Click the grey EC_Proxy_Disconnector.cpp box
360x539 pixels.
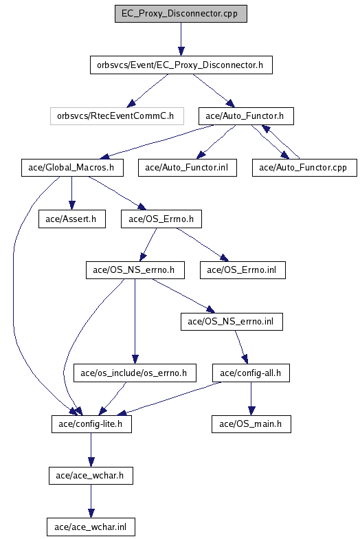click(x=181, y=14)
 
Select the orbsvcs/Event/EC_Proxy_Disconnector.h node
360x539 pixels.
click(x=181, y=65)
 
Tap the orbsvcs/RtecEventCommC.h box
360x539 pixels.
click(x=117, y=116)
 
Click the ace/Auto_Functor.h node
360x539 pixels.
click(x=246, y=116)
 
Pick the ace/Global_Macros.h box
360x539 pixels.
click(x=72, y=168)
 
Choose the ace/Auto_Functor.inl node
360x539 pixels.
click(x=187, y=168)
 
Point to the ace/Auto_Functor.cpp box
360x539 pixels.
click(x=304, y=168)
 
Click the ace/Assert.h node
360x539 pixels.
click(x=71, y=219)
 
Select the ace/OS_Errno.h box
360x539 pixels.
click(x=161, y=219)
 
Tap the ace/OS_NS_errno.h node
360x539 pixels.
click(x=135, y=270)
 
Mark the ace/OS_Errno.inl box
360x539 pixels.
click(x=243, y=270)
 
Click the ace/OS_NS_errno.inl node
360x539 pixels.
click(x=232, y=322)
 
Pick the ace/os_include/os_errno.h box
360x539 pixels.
click(x=135, y=373)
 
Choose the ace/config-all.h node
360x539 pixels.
click(x=251, y=373)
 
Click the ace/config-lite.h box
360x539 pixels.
click(x=91, y=424)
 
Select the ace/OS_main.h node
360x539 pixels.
click(x=251, y=424)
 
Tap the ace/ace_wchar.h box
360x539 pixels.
click(x=91, y=476)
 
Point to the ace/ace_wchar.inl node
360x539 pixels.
click(x=91, y=527)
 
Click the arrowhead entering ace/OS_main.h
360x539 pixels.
click(x=251, y=411)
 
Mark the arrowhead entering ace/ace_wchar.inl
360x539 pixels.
click(x=91, y=514)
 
